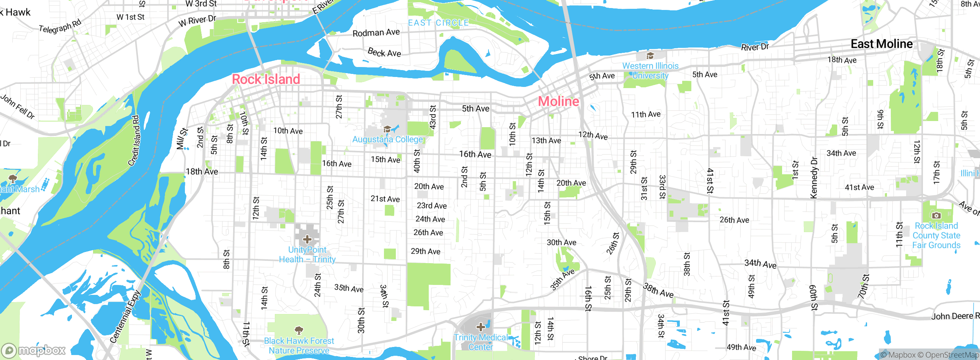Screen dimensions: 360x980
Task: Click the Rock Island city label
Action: [x=266, y=79]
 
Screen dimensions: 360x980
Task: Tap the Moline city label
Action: [x=559, y=101]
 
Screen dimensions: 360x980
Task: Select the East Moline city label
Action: [x=881, y=44]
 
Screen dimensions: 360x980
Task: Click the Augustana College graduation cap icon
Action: [x=387, y=129]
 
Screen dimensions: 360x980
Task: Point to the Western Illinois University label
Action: [x=650, y=70]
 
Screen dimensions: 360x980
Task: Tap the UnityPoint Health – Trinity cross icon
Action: [x=307, y=240]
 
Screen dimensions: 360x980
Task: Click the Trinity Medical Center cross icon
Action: [x=481, y=327]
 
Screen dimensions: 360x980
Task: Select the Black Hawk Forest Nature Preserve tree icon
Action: [x=299, y=330]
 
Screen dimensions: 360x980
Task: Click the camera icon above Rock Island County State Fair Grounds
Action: [x=936, y=216]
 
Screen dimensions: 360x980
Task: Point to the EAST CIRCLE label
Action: [x=438, y=23]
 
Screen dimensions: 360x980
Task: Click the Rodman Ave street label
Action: [x=376, y=33]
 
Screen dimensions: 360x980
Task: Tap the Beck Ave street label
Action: [x=384, y=52]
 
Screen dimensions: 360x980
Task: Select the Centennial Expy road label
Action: [x=125, y=317]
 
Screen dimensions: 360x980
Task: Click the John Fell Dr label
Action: [x=18, y=106]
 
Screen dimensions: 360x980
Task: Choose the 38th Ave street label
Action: [x=658, y=290]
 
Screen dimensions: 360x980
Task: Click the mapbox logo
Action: [x=34, y=350]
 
